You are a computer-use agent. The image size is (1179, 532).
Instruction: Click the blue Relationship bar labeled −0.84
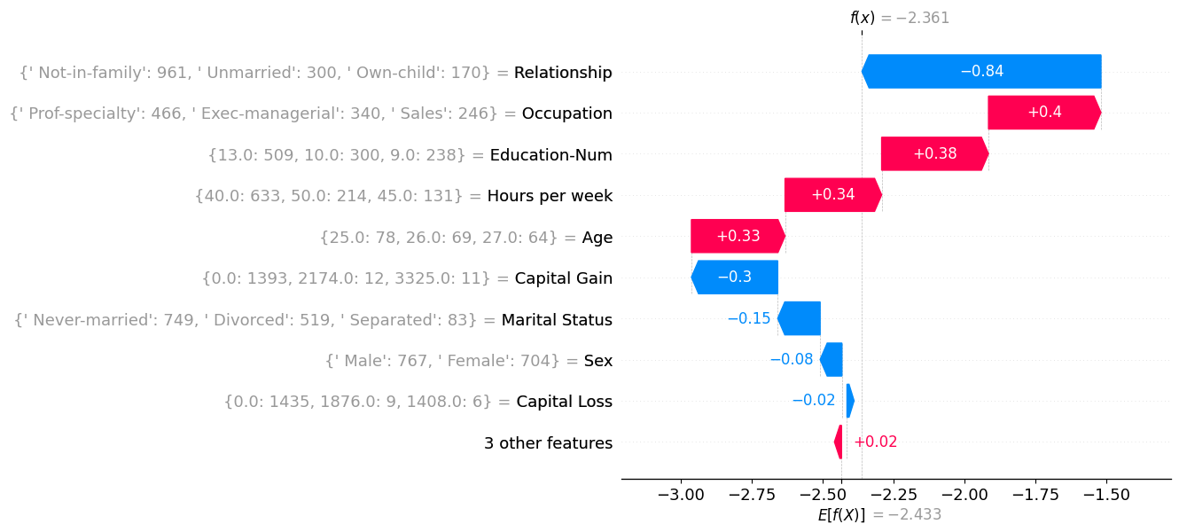(x=981, y=72)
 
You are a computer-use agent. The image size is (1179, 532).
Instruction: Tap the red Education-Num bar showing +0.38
(x=934, y=154)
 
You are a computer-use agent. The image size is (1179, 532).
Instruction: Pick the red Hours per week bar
(x=832, y=195)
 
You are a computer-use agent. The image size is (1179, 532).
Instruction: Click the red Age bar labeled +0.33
(x=738, y=237)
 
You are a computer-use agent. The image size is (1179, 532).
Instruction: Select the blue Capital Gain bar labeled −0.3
(x=735, y=278)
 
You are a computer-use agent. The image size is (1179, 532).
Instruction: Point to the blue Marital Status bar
(x=800, y=318)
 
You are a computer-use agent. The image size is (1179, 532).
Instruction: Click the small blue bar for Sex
(x=832, y=360)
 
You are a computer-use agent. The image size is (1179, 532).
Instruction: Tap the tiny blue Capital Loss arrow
(x=849, y=401)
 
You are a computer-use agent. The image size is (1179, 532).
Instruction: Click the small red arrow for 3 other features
(x=839, y=442)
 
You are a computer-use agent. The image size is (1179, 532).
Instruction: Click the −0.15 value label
(x=749, y=318)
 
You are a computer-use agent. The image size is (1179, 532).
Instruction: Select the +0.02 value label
(x=875, y=442)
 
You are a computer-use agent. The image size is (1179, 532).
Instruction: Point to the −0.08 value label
(x=792, y=360)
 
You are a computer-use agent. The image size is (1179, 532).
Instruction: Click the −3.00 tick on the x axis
(x=680, y=494)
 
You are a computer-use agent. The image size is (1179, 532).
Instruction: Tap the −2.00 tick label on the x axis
(x=964, y=494)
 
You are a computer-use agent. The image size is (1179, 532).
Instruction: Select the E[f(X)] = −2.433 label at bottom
(x=879, y=515)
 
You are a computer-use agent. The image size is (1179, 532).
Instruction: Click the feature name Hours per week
(x=550, y=196)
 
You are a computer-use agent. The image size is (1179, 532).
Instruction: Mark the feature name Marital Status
(x=557, y=319)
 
